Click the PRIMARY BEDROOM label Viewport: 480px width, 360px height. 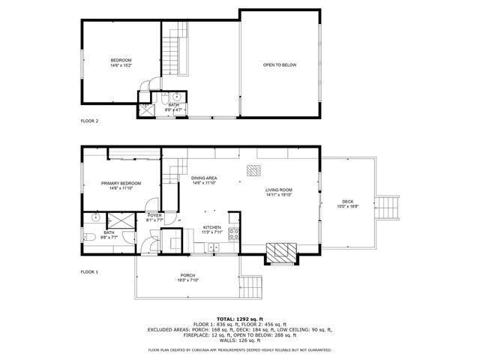[120, 183]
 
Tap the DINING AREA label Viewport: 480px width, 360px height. [204, 178]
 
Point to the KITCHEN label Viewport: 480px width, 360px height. [212, 227]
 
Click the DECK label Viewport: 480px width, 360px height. [347, 201]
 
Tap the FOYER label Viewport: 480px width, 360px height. [154, 216]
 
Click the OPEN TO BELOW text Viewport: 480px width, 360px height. [279, 65]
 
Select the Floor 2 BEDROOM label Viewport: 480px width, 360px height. [121, 60]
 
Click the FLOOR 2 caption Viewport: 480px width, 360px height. [89, 120]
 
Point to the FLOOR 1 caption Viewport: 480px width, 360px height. [89, 271]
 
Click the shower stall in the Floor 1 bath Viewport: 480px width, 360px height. [119, 220]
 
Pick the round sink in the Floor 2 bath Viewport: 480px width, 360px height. [178, 97]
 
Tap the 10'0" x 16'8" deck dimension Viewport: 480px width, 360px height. [347, 207]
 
